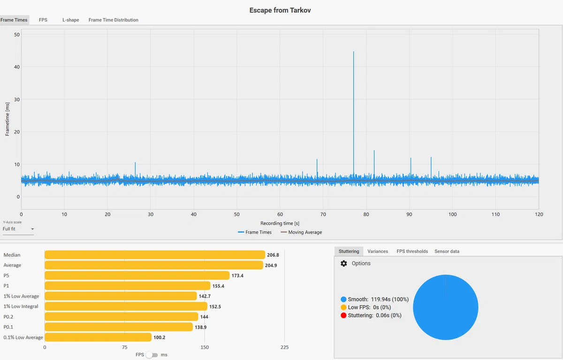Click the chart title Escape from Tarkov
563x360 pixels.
point(280,10)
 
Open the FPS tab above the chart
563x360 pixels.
point(43,20)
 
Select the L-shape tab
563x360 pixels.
point(71,20)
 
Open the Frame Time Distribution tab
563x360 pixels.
point(114,20)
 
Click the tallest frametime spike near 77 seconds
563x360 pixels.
point(353,113)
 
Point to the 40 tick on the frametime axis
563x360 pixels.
point(17,67)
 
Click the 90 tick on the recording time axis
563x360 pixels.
point(409,214)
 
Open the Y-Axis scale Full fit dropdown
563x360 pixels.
point(18,229)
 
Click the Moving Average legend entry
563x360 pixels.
point(301,232)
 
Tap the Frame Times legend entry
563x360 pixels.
point(255,232)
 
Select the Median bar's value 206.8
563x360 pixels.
point(273,255)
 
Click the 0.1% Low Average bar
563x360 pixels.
point(98,337)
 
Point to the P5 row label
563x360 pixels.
point(6,276)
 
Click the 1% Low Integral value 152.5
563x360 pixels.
point(215,306)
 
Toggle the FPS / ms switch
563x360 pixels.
point(152,355)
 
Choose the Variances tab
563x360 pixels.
point(378,252)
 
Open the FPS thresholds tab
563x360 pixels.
point(412,252)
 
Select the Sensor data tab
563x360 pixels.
point(447,252)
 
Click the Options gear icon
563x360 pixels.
point(343,263)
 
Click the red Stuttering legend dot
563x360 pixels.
point(343,315)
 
